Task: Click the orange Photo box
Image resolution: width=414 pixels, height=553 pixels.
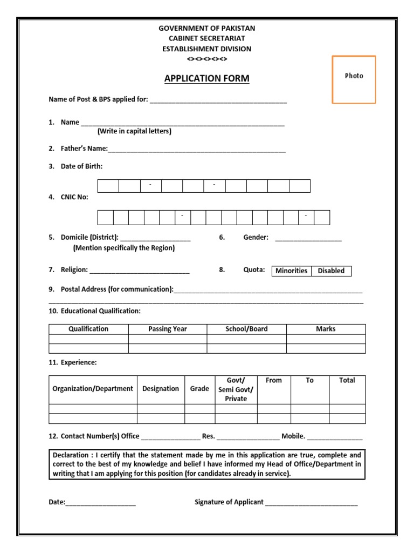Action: [x=354, y=79]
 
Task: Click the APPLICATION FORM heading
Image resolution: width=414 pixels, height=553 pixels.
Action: [x=206, y=79]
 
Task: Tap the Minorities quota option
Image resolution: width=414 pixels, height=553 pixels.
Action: [x=291, y=271]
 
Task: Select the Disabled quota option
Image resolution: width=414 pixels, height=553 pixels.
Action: [x=331, y=271]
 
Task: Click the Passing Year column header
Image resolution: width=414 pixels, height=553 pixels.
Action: [x=168, y=329]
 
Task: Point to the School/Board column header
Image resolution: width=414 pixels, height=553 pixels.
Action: [x=246, y=329]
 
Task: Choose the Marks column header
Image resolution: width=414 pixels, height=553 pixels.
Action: [x=326, y=329]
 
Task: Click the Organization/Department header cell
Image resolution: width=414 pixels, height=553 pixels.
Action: [x=93, y=389]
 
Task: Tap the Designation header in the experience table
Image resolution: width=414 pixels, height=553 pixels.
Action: [x=161, y=389]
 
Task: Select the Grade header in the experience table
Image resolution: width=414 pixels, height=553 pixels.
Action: [x=199, y=389]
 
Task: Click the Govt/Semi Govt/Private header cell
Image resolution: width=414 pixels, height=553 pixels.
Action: [x=236, y=389]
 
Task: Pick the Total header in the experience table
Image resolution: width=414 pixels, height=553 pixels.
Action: [x=347, y=381]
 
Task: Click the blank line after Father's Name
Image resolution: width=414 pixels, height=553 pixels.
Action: [x=197, y=150]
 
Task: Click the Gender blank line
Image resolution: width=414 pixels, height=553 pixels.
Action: [x=308, y=238]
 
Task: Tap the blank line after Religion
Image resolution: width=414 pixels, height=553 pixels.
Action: [x=139, y=271]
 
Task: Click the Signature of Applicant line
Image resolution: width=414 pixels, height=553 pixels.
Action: [x=311, y=503]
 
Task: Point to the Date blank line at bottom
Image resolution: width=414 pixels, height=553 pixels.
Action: [x=101, y=503]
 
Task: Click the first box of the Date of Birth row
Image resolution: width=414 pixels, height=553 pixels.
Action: [x=108, y=186]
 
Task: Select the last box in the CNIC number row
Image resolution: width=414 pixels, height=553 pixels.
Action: [x=322, y=218]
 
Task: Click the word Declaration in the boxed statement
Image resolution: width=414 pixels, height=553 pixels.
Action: [x=72, y=455]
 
